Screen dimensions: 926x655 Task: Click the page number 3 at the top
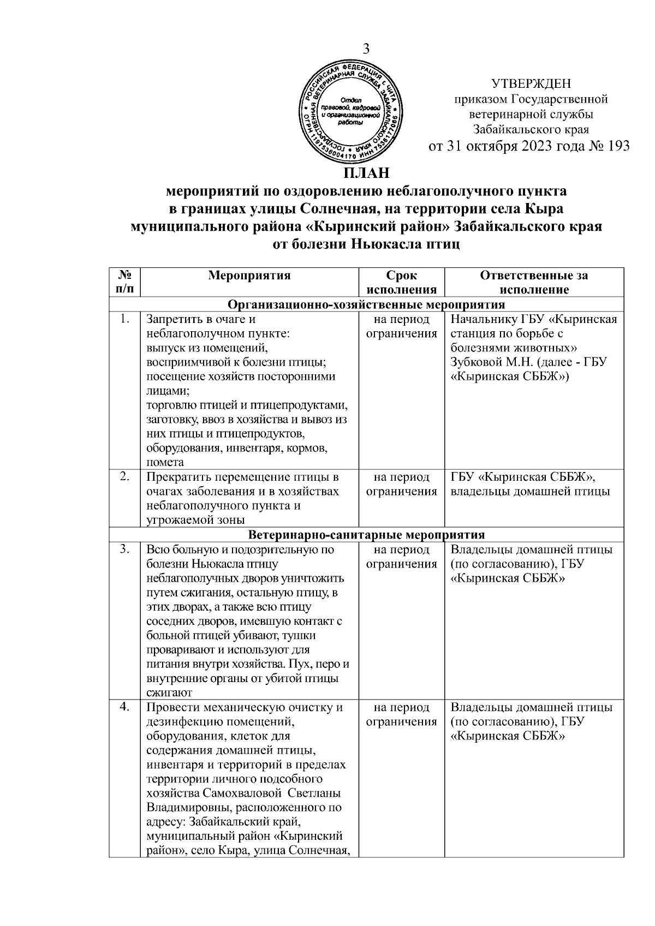tap(366, 49)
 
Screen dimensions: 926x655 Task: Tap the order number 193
tap(617, 146)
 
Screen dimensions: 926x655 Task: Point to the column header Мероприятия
tap(249, 276)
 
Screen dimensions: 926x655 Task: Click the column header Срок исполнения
tap(401, 282)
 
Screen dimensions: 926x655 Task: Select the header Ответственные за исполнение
tap(534, 282)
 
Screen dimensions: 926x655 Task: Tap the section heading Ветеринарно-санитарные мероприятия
tap(366, 534)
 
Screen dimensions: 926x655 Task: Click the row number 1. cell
tap(125, 319)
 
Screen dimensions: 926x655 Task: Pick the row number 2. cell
tap(125, 476)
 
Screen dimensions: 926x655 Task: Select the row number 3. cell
tap(125, 549)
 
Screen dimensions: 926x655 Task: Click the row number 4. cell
tap(125, 707)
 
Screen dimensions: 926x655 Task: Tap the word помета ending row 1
tap(165, 462)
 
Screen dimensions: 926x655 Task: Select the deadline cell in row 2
tap(401, 484)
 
